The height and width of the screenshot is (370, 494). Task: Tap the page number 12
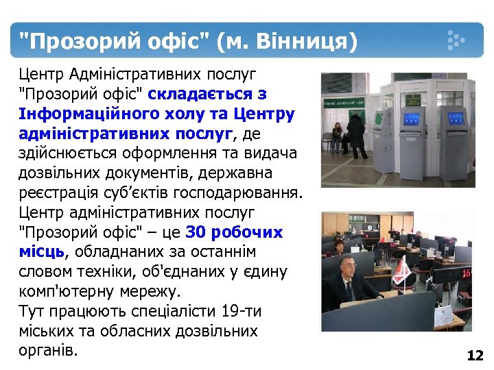click(x=475, y=356)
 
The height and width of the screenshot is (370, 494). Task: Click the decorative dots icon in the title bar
click(x=456, y=41)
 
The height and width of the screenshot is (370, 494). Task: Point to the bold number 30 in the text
click(x=195, y=232)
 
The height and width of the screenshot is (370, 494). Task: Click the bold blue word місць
click(x=42, y=252)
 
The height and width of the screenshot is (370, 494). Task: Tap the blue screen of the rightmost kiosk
click(x=456, y=118)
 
